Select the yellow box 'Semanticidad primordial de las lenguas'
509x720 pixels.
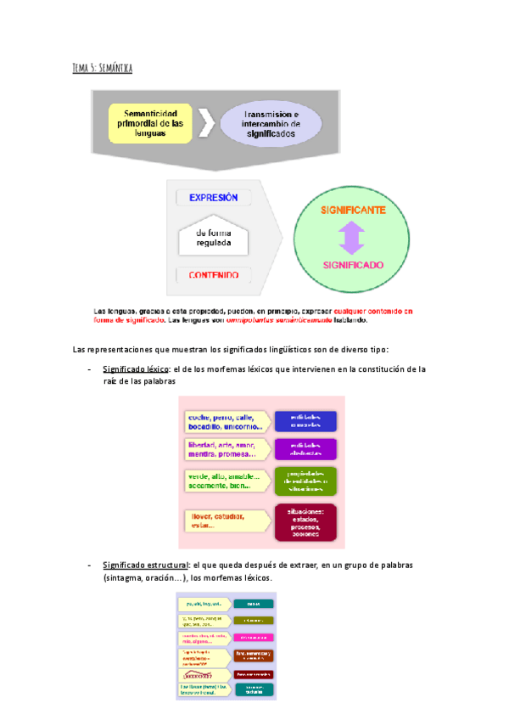(153, 123)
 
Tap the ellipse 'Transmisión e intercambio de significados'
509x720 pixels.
(271, 124)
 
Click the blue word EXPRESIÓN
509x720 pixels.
(213, 197)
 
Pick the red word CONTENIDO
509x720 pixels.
(213, 274)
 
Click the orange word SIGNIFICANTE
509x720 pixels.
(352, 209)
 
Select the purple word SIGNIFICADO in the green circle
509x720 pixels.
(352, 265)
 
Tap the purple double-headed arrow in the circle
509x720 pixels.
(351, 237)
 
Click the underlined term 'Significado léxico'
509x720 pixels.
(136, 369)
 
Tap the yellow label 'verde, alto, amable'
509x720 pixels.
(226, 481)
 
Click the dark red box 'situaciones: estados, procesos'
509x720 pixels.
(306, 522)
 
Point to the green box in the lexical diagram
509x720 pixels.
(306, 481)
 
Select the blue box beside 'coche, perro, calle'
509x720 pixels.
(306, 421)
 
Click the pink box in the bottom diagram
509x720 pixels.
(254, 637)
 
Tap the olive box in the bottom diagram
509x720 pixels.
(254, 621)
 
